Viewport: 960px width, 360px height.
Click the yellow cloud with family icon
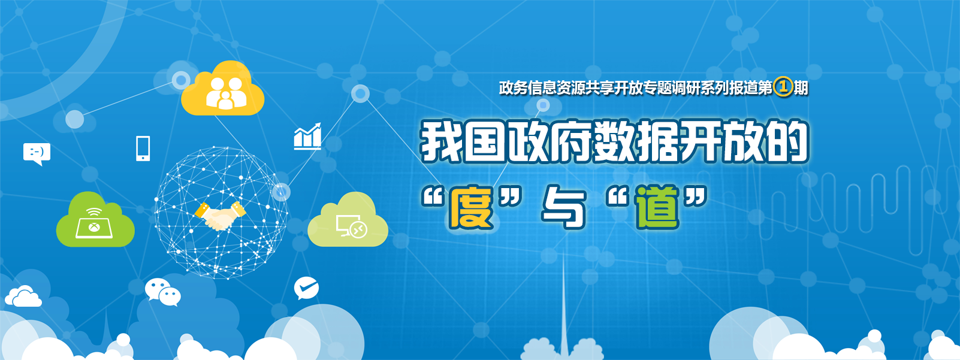point(222,89)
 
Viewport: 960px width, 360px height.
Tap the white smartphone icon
point(143,149)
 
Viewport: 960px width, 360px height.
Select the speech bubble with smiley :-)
point(37,153)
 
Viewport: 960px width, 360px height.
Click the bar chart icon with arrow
point(307,137)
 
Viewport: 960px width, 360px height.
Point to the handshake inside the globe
point(219,215)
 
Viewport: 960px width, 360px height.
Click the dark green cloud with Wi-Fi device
point(95,220)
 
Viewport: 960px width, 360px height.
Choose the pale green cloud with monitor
point(348,220)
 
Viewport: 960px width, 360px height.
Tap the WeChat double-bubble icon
point(163,292)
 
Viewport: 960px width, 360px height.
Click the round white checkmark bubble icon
point(306,288)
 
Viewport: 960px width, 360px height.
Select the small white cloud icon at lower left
point(23,297)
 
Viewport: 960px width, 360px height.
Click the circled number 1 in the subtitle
point(783,88)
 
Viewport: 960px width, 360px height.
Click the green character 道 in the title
point(657,207)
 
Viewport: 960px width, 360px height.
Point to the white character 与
point(563,207)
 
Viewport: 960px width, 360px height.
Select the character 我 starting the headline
point(442,141)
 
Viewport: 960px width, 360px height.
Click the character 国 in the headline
point(485,141)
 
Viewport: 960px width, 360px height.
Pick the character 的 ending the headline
point(787,141)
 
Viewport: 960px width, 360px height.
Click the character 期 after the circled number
point(801,88)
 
